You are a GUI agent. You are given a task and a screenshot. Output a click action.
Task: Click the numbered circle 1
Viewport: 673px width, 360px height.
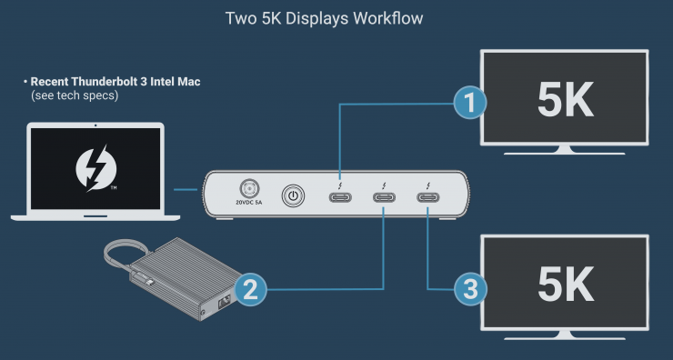[x=470, y=103]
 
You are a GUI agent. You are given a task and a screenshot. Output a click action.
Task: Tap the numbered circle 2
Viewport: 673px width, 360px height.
[x=250, y=290]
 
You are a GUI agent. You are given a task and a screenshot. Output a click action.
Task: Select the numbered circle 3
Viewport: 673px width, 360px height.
[x=470, y=289]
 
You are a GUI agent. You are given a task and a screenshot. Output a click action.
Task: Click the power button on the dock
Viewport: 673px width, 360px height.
[x=293, y=196]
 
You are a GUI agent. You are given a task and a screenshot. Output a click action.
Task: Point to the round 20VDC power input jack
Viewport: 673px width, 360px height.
[x=249, y=188]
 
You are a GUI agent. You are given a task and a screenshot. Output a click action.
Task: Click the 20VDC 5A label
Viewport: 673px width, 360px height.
[x=249, y=203]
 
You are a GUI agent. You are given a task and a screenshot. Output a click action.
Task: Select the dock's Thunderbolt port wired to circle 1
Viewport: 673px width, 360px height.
[x=340, y=197]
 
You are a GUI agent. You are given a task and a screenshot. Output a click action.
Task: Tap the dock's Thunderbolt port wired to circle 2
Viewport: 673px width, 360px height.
[x=384, y=197]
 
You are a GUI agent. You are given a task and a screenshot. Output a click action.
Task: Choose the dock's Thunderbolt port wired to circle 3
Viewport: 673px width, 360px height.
[x=428, y=197]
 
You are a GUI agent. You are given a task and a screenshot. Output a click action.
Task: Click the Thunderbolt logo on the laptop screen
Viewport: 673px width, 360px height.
[x=96, y=168]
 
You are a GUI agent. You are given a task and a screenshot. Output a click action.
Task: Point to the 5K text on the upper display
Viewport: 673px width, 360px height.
[x=566, y=100]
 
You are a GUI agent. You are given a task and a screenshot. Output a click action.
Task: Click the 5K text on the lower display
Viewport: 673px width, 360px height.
[x=566, y=285]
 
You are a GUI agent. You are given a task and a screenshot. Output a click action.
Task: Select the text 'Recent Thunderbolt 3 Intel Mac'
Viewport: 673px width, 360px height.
[x=116, y=82]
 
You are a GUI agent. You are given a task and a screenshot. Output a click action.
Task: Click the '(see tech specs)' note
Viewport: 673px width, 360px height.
[x=75, y=95]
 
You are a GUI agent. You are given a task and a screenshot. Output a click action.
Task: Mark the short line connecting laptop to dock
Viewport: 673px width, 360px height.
[x=186, y=189]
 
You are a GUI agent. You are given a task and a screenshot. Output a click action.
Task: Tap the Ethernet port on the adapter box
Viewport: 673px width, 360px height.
[x=225, y=302]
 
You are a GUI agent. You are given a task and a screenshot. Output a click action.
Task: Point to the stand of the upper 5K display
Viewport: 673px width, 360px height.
[x=564, y=150]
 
